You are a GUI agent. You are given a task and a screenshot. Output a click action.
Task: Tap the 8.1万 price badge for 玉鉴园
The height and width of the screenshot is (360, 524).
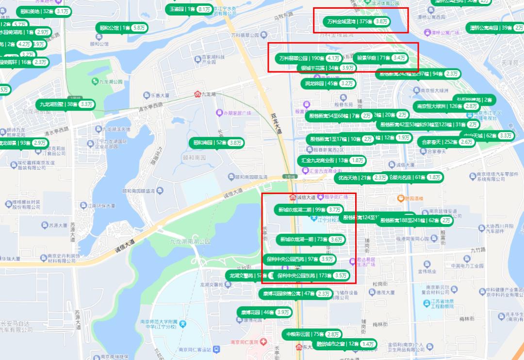pyautogui.click(x=204, y=9)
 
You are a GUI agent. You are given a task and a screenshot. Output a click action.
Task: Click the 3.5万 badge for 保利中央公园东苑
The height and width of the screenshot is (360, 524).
pyautogui.click(x=341, y=276)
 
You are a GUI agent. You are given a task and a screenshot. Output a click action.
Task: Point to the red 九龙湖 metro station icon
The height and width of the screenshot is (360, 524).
pyautogui.click(x=197, y=94)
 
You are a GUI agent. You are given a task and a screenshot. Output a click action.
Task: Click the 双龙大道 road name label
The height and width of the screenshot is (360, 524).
pyautogui.click(x=276, y=124)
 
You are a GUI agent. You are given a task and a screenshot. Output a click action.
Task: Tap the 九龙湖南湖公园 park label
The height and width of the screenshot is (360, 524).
pyautogui.click(x=190, y=241)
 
